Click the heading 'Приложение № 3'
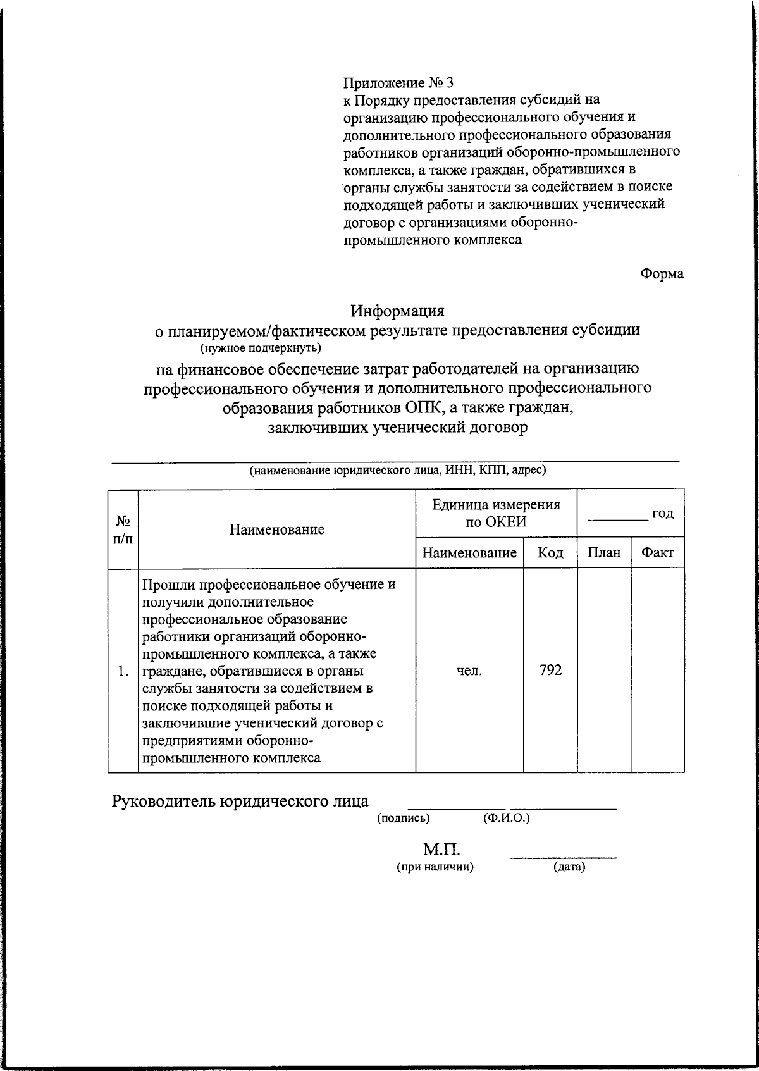398,82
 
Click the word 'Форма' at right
662,274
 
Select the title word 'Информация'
398,311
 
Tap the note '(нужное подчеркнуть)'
261,348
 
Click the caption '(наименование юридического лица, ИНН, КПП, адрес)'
397,470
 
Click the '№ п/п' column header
123,529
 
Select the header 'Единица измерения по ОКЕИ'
496,513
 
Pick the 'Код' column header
550,553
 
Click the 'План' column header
603,553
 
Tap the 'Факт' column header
657,553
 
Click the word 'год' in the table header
663,513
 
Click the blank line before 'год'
618,517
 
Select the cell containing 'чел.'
469,671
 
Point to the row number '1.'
123,671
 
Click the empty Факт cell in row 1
657,671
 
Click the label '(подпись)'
404,818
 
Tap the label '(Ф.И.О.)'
505,818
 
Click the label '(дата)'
569,867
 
